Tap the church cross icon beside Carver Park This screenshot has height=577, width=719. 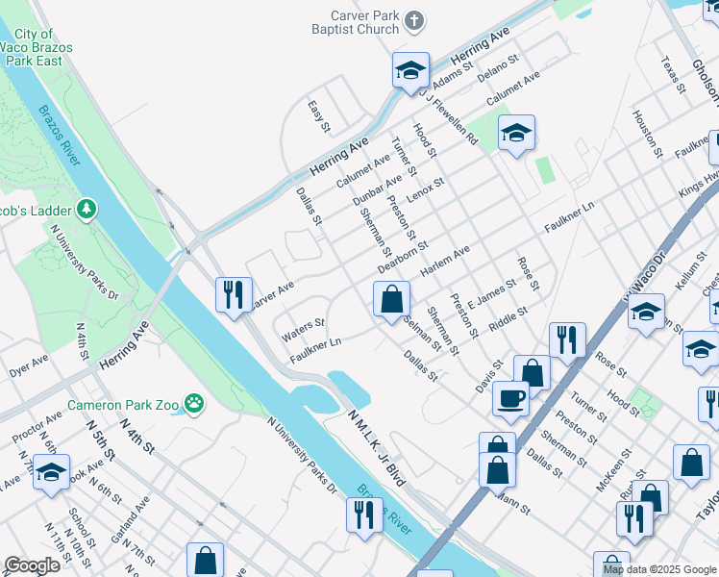(414, 19)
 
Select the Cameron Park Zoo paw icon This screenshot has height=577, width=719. (195, 405)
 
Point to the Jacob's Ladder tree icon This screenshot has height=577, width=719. (87, 208)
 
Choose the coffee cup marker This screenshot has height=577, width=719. (510, 397)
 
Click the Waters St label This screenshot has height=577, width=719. (303, 330)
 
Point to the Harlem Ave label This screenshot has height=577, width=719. (445, 260)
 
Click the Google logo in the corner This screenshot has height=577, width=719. (31, 565)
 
